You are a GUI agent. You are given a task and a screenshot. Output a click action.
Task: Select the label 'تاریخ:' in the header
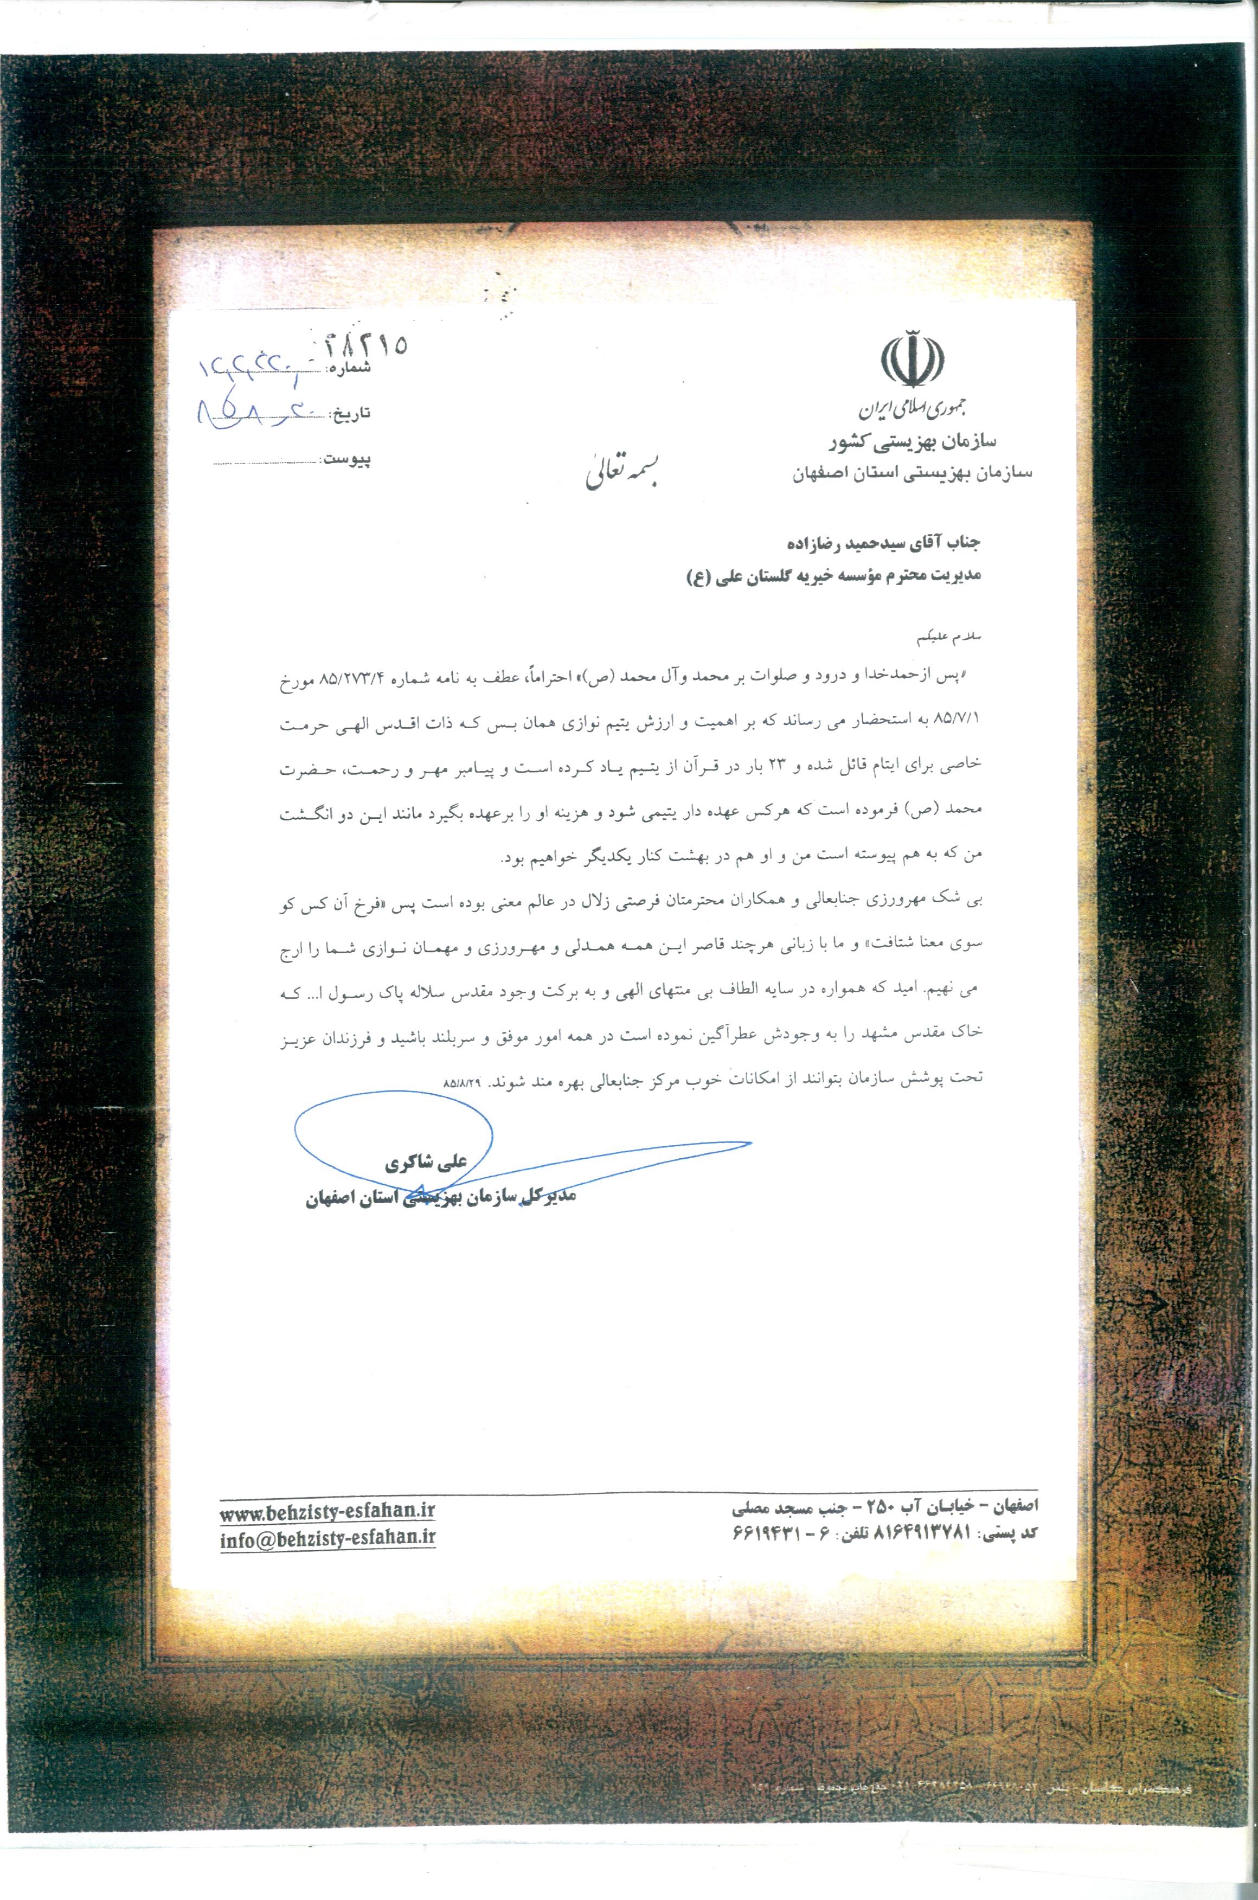click(x=352, y=414)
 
